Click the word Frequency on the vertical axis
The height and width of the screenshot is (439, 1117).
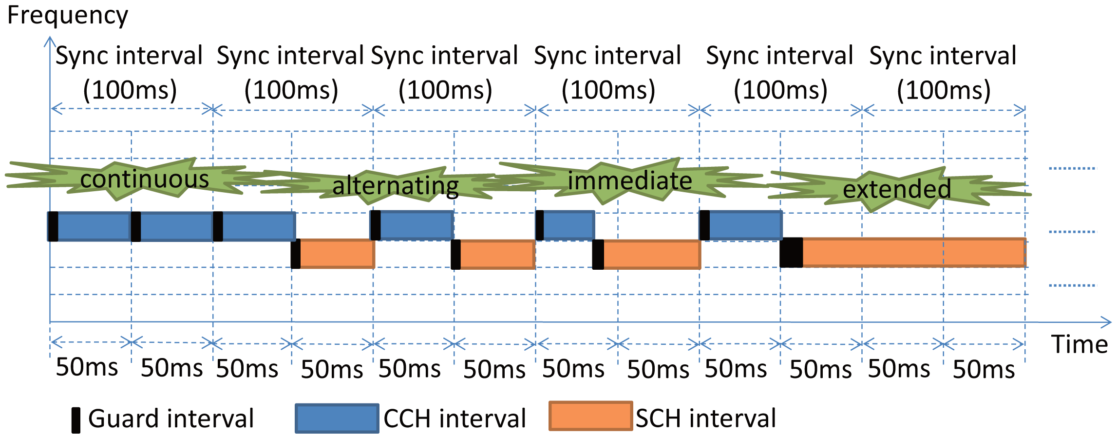[68, 16]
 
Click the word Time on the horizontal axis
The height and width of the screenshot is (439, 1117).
[1079, 344]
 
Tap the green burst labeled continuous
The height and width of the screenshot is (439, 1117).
[144, 179]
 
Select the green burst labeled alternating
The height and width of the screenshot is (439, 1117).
[395, 186]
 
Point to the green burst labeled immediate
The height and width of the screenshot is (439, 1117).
[629, 181]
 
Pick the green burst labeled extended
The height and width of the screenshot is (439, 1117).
[896, 189]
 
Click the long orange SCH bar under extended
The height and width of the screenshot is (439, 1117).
[913, 253]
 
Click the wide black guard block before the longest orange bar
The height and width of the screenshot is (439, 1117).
[791, 253]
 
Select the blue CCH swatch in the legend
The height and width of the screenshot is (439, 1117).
[337, 419]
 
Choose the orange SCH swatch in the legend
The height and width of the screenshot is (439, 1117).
[590, 416]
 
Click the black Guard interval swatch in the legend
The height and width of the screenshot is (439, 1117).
[76, 420]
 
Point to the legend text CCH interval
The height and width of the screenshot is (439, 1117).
[454, 419]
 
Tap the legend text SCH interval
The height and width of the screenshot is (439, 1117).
[706, 419]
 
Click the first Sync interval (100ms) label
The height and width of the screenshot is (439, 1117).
[129, 72]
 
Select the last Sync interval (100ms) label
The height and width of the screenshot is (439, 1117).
[943, 72]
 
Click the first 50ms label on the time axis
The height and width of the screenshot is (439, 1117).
[87, 367]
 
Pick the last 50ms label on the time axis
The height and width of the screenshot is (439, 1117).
[984, 369]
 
